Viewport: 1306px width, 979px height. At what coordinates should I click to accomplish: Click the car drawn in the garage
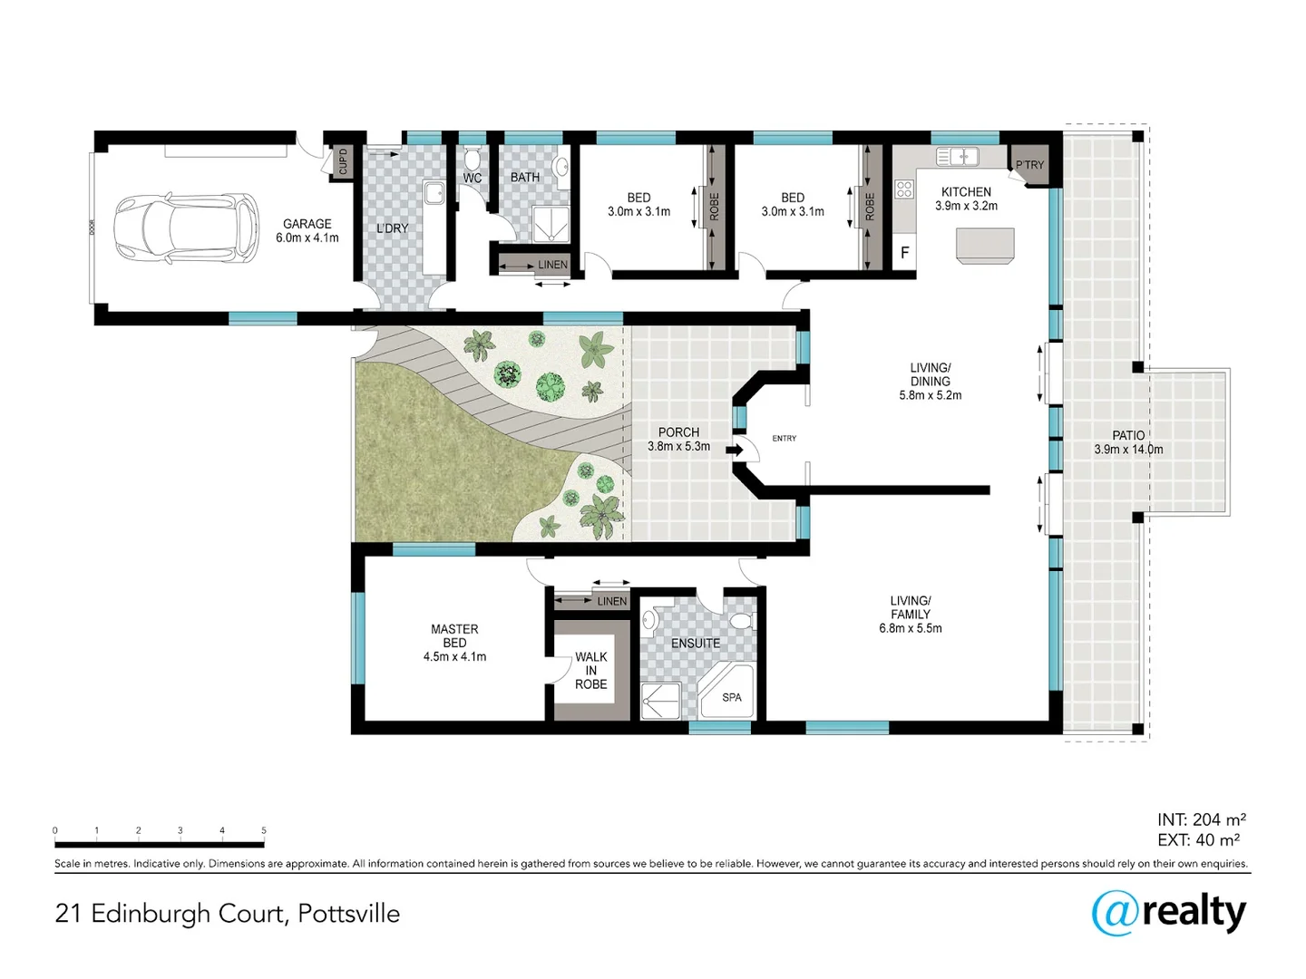pyautogui.click(x=187, y=228)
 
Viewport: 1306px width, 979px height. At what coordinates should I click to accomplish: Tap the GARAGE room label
pyautogui.click(x=307, y=224)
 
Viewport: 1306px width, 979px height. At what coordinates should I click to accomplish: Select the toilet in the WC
pyautogui.click(x=473, y=160)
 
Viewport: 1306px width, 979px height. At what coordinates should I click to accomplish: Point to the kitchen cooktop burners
pyautogui.click(x=904, y=189)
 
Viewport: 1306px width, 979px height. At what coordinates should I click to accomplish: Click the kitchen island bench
pyautogui.click(x=985, y=246)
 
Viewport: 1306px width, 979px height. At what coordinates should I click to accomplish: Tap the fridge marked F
pyautogui.click(x=904, y=253)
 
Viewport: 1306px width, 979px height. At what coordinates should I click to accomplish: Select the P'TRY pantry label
pyautogui.click(x=1029, y=165)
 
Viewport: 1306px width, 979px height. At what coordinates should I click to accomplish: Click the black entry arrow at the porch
pyautogui.click(x=735, y=450)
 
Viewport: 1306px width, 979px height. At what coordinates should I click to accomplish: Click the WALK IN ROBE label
pyautogui.click(x=590, y=671)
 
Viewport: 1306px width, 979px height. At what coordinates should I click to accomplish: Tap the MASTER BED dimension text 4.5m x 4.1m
pyautogui.click(x=454, y=657)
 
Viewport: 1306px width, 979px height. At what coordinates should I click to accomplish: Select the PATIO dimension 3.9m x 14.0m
pyautogui.click(x=1128, y=450)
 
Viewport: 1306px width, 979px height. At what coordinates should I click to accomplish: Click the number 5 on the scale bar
pyautogui.click(x=264, y=830)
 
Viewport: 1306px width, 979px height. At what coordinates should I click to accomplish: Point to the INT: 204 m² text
pyautogui.click(x=1202, y=819)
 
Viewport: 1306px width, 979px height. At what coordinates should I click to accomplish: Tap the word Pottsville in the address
pyautogui.click(x=348, y=914)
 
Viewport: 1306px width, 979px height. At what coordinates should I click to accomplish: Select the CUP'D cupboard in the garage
pyautogui.click(x=343, y=161)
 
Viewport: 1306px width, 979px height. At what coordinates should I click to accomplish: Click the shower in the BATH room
pyautogui.click(x=551, y=224)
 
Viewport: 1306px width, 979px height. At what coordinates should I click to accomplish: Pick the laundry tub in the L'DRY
pyautogui.click(x=434, y=192)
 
